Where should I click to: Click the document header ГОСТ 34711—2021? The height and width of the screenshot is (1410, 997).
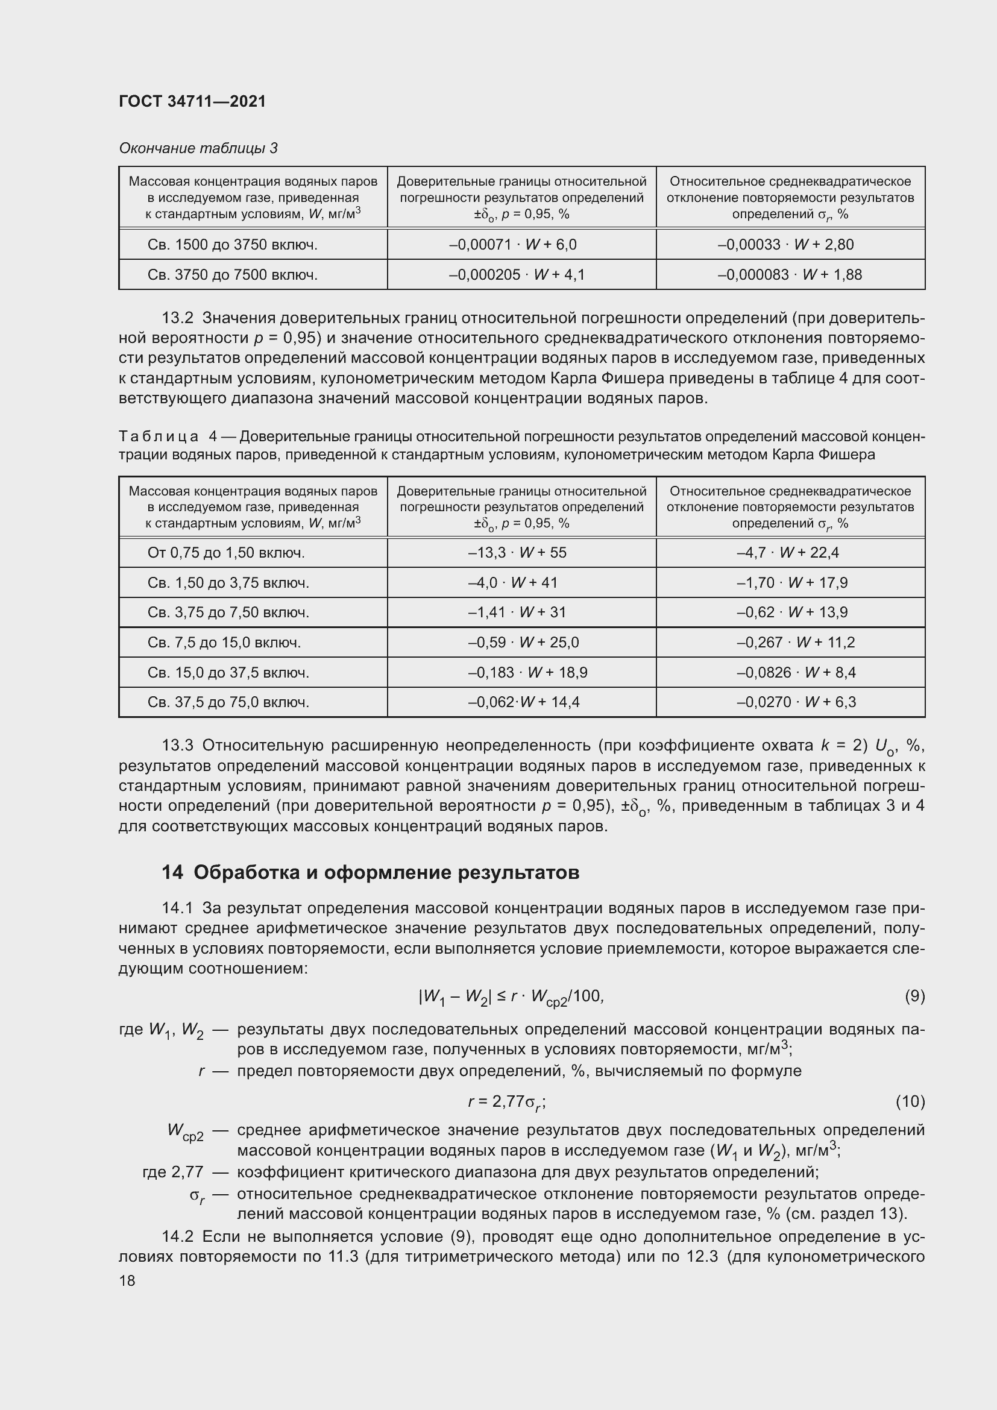(192, 101)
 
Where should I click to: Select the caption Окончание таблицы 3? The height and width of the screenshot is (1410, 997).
(198, 148)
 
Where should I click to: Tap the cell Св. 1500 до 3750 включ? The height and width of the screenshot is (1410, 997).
(232, 244)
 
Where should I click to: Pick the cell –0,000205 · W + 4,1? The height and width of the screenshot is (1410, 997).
(517, 274)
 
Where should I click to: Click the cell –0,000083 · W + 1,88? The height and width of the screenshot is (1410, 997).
(790, 274)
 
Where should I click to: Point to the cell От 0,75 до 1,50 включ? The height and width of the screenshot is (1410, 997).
(226, 553)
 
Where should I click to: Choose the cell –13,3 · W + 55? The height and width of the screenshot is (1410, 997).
(517, 553)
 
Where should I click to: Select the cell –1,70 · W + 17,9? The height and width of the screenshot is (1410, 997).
(792, 582)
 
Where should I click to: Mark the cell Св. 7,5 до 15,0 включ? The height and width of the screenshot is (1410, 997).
(224, 643)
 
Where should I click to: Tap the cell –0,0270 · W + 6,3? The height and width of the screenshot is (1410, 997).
(796, 702)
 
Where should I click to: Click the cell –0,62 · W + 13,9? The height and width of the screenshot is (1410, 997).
(792, 612)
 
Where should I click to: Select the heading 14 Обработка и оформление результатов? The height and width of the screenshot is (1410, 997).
(370, 873)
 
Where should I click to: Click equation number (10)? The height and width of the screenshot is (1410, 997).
(910, 1101)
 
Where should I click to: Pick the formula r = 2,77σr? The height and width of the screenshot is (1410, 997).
(506, 1103)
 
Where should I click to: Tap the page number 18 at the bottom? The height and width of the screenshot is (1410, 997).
(127, 1281)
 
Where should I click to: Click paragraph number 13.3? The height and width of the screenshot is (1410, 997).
(177, 746)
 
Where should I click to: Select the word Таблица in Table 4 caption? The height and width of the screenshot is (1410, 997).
(159, 436)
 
